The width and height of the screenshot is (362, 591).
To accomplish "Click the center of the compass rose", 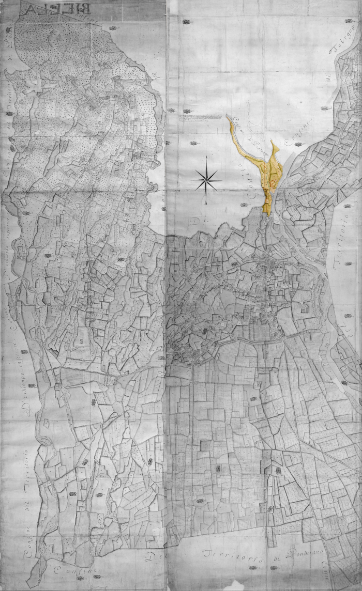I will (x=206, y=180).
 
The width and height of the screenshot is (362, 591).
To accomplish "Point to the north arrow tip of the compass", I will (x=206, y=156).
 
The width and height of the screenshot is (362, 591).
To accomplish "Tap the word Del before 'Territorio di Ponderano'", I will (x=154, y=557).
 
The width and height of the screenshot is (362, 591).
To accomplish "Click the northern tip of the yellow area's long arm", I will (x=228, y=116).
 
